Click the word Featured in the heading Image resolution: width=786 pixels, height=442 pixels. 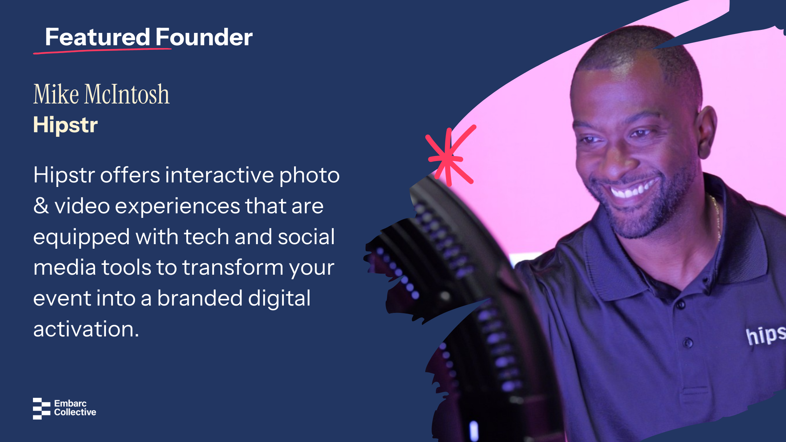[x=98, y=37]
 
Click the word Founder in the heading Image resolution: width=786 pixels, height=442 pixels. [x=204, y=37]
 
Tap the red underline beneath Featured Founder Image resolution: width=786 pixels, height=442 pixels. [x=102, y=51]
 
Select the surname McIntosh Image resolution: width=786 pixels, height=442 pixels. [x=127, y=94]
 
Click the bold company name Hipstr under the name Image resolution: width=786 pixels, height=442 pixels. [x=65, y=125]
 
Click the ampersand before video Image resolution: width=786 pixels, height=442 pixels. [x=41, y=206]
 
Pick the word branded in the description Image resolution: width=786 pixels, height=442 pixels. [x=199, y=298]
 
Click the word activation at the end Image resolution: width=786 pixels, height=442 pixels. [x=86, y=329]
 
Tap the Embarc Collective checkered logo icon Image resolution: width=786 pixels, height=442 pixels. [x=42, y=408]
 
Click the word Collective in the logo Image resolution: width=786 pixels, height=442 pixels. [x=75, y=412]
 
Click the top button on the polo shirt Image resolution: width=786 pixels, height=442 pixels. [x=681, y=304]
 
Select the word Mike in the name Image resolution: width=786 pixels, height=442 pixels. [x=56, y=94]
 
